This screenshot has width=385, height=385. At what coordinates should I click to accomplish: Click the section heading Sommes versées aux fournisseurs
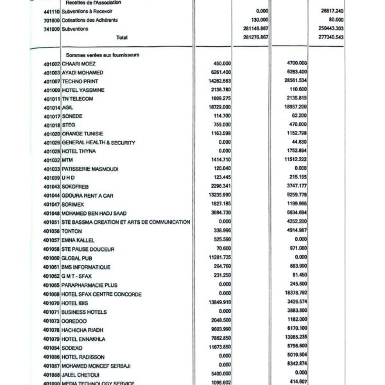click(x=103, y=55)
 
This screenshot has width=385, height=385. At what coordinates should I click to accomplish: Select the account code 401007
click(x=52, y=82)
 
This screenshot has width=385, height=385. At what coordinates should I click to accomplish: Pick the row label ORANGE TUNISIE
click(x=83, y=133)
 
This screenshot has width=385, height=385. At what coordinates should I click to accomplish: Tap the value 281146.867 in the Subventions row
click(x=234, y=28)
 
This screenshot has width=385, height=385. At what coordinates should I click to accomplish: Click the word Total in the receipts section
click(x=122, y=37)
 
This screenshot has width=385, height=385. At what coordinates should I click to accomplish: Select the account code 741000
click(x=52, y=28)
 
